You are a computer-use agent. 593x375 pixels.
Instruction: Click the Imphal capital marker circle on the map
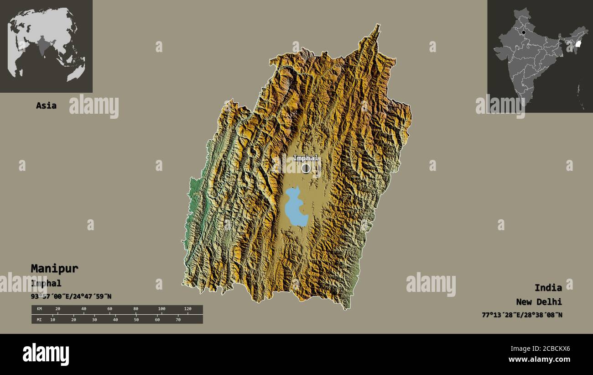[306, 168]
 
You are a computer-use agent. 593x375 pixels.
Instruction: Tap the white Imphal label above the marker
[306, 158]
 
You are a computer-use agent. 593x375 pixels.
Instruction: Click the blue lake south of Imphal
[295, 208]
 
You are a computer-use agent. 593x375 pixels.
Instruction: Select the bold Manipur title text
[54, 269]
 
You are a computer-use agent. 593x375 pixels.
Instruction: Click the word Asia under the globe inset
[46, 106]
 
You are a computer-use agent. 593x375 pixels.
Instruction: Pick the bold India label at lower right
[548, 288]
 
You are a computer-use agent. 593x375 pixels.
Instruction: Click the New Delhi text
[539, 302]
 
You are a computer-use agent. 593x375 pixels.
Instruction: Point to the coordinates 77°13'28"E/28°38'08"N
[522, 315]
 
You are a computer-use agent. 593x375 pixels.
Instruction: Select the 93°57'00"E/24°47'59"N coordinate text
[71, 296]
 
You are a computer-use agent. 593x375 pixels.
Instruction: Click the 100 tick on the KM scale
[161, 309]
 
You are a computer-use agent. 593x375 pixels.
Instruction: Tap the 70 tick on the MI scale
[178, 319]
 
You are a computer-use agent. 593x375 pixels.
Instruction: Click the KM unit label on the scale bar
[39, 309]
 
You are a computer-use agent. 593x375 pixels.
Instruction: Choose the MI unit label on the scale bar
[39, 319]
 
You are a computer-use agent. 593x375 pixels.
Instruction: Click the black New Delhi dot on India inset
[524, 32]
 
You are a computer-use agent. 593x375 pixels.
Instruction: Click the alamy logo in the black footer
[46, 354]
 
